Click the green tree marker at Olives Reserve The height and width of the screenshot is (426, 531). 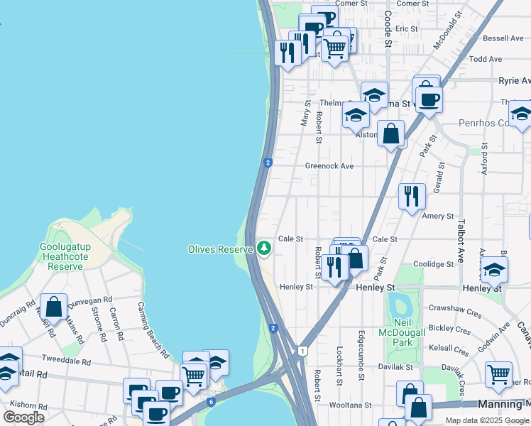[264, 248]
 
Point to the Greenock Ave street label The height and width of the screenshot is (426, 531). [329, 166]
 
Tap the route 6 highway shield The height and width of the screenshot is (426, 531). [211, 402]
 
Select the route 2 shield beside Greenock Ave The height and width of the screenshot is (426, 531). [268, 163]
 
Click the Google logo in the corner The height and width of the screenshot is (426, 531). [23, 417]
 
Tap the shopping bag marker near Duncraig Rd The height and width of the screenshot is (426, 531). [53, 307]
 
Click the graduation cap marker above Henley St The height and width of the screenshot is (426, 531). [494, 271]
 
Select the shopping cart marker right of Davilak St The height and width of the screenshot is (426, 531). [498, 373]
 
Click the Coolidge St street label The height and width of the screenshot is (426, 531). [434, 264]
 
